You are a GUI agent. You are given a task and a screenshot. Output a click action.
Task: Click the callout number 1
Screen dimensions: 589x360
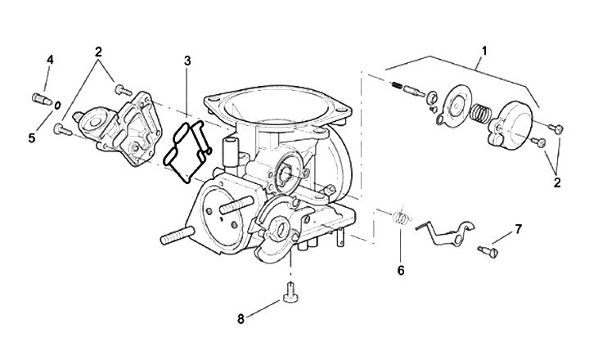point(484,51)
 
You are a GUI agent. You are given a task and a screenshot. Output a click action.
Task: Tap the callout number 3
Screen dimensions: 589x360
point(187,61)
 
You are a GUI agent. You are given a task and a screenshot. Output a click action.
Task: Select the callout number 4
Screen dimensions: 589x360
point(50,60)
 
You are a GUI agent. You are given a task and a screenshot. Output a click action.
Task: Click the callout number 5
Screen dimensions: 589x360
point(32,138)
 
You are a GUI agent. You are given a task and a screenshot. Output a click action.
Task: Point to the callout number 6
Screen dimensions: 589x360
point(401,270)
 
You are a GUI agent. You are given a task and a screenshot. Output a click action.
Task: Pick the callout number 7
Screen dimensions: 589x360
point(519,229)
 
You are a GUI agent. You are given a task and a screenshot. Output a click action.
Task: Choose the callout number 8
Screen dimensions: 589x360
point(241,319)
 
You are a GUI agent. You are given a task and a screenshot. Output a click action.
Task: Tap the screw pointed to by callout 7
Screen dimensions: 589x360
point(488,252)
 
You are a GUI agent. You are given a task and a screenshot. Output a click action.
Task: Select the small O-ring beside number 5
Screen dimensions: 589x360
point(57,106)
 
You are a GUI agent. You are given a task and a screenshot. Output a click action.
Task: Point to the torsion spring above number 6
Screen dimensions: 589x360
point(401,217)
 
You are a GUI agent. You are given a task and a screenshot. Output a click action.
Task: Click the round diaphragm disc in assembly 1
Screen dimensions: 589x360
point(456,103)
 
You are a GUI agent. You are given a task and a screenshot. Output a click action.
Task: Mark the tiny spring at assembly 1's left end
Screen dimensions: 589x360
point(396,86)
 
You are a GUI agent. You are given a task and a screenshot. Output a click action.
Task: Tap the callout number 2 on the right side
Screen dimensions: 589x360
point(557,183)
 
